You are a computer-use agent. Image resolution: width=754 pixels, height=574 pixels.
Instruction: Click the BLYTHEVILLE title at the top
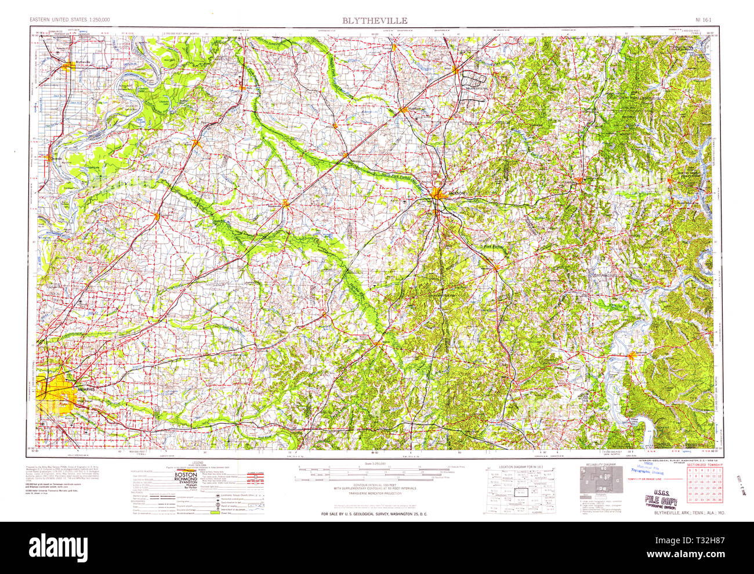(x=374, y=20)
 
